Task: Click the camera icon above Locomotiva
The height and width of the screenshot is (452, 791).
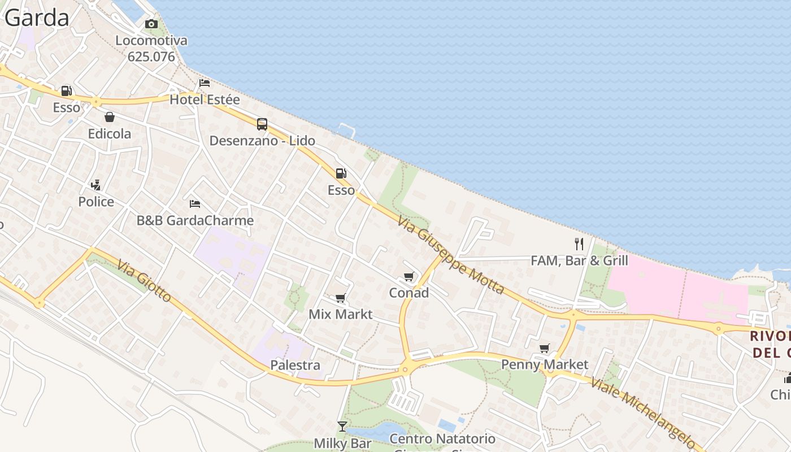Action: coord(151,24)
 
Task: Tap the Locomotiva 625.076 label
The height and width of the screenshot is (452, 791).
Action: coord(151,49)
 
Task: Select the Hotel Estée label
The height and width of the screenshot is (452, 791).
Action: coord(205,99)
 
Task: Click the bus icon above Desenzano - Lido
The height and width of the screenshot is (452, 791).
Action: coord(262,124)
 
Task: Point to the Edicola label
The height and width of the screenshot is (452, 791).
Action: coord(110,134)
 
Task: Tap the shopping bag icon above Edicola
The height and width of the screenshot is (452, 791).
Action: coord(110,117)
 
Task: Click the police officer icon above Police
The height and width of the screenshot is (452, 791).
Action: coord(96,185)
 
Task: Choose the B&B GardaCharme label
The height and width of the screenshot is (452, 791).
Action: coord(195,220)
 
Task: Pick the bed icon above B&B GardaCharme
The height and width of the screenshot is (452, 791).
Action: coord(195,203)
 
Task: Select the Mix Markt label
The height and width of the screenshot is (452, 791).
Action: coord(340,314)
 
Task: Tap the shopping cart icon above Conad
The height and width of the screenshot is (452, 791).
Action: coord(409,276)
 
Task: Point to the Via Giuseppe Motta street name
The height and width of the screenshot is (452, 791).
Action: coord(450,255)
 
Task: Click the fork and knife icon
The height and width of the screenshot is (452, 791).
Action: coord(579,244)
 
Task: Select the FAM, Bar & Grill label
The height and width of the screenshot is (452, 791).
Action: coord(579,260)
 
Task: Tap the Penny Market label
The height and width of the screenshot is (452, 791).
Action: coord(545,364)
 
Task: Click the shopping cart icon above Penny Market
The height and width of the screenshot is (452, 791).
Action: coord(545,348)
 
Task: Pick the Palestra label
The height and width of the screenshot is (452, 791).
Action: coord(295,365)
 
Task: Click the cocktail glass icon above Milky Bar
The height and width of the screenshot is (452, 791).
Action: coord(342,426)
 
